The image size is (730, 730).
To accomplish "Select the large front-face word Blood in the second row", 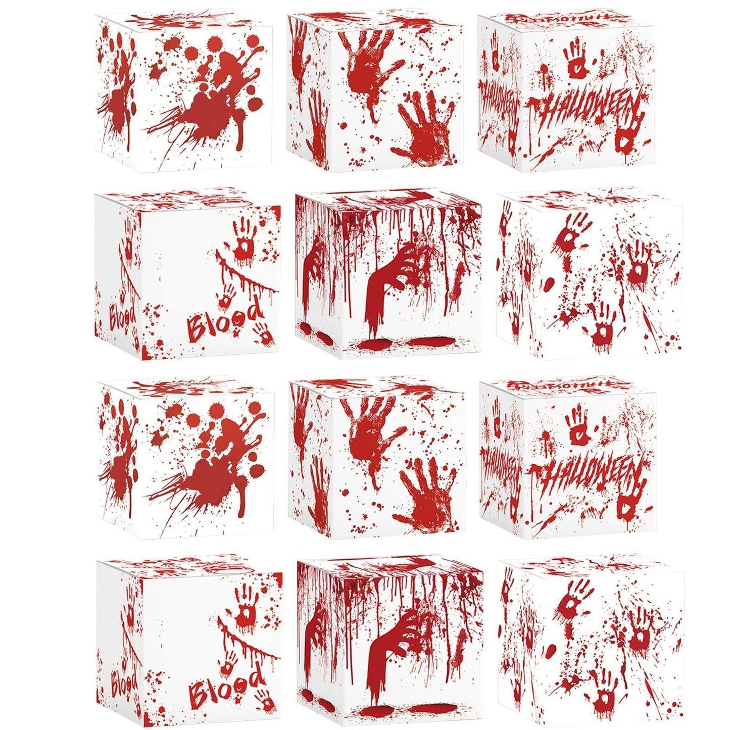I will (225, 318).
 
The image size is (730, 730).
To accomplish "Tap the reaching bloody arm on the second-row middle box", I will (392, 283).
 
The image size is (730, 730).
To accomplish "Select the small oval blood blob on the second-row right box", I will (549, 284).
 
